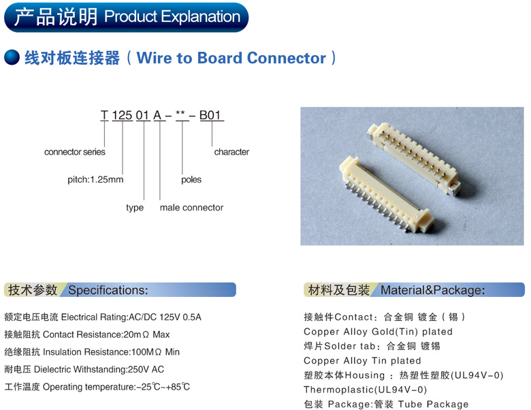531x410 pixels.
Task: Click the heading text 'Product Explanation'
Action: tap(172, 16)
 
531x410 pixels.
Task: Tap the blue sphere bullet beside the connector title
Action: tap(12, 57)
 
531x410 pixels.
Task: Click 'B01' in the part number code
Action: tap(210, 115)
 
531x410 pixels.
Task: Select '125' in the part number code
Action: tap(122, 115)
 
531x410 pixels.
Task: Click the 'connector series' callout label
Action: tap(74, 152)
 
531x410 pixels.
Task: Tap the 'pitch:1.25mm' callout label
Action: tap(95, 179)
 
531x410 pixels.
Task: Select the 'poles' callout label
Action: tap(191, 180)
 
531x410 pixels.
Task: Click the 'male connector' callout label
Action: tap(191, 207)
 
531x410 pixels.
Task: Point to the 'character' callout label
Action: tap(231, 152)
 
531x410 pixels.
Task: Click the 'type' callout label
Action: tap(135, 207)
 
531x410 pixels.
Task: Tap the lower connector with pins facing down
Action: tap(386, 195)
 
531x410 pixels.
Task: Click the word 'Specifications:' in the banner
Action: tap(108, 290)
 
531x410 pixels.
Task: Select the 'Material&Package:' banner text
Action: tap(433, 290)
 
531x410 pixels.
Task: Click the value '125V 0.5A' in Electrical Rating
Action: tap(180, 317)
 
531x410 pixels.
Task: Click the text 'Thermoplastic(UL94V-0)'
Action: tap(365, 390)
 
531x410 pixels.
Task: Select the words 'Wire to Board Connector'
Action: tap(231, 58)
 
